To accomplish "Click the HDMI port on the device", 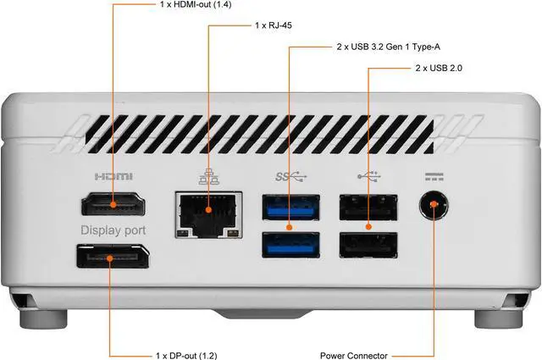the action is (113, 205).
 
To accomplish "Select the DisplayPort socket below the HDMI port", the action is (113, 258).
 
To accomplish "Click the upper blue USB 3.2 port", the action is (290, 207).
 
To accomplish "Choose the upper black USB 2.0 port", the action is (368, 207).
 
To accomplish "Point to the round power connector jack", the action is (434, 207).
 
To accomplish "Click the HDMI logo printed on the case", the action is (113, 178).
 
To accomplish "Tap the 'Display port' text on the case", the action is (113, 230).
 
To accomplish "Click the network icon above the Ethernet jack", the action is (207, 178).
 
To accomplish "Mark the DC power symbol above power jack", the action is (434, 178).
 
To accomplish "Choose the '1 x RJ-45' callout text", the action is (275, 26).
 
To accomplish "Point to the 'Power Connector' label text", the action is (354, 355).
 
